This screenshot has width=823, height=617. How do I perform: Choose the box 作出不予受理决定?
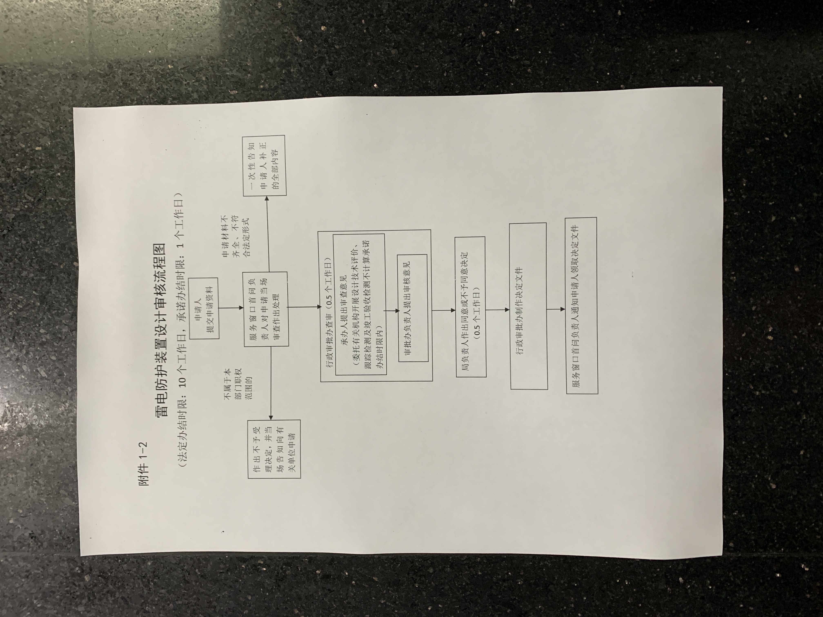pos(274,448)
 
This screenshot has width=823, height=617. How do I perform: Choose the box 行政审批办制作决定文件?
pos(528,306)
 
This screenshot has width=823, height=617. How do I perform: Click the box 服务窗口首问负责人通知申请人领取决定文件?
pos(582,306)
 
